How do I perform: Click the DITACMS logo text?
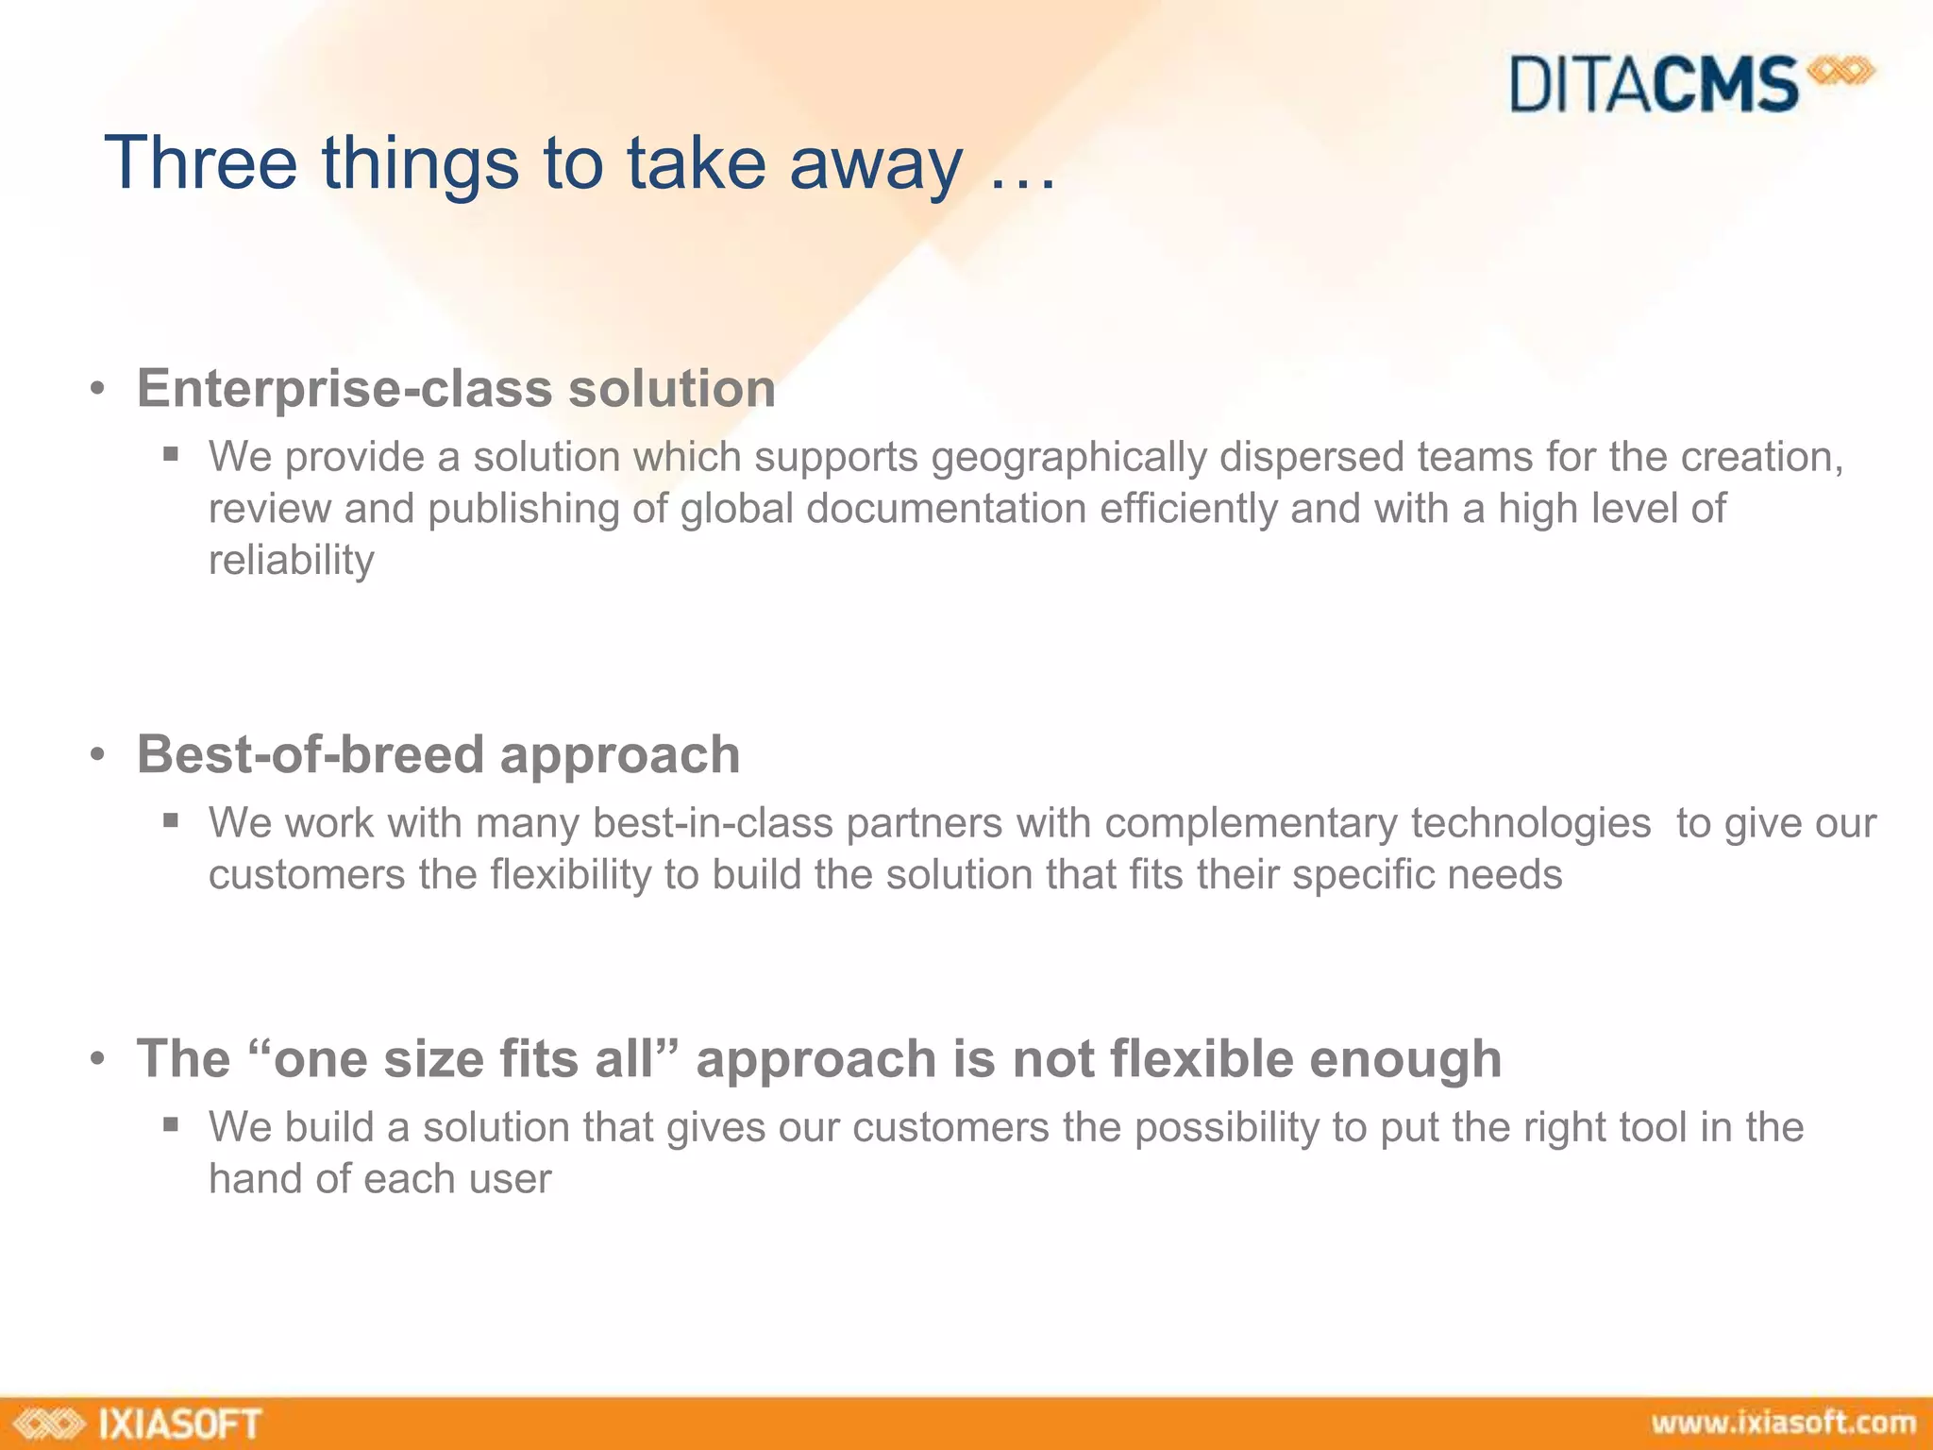click(1654, 85)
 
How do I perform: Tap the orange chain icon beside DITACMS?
click(1840, 72)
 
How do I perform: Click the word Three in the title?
click(200, 163)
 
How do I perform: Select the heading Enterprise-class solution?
click(456, 389)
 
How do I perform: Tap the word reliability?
click(291, 561)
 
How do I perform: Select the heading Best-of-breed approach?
click(438, 755)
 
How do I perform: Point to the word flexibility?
click(570, 875)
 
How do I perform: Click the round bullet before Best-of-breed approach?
click(97, 756)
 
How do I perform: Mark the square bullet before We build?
click(171, 1123)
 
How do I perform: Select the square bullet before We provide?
click(171, 453)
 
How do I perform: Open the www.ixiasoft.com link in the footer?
click(1783, 1423)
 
